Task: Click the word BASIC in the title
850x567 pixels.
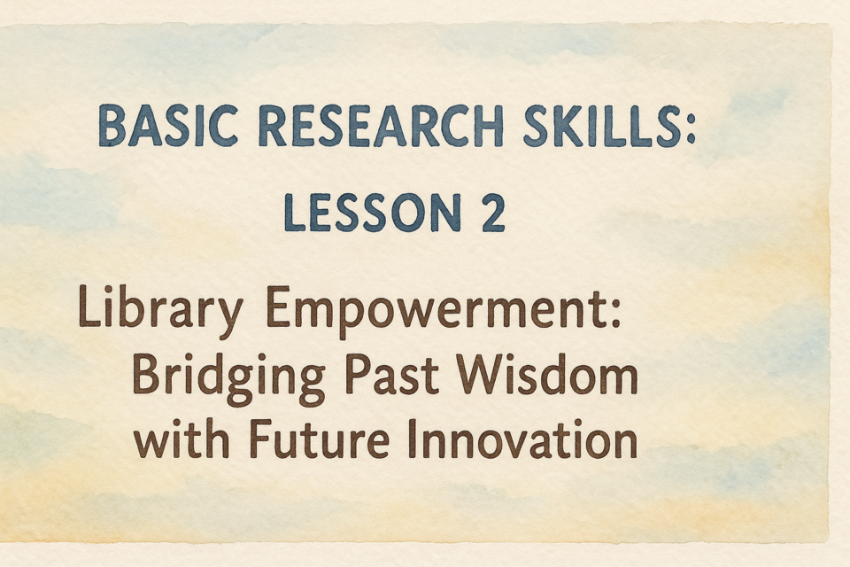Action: (x=168, y=126)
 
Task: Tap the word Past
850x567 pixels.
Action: (x=392, y=375)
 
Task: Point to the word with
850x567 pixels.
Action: (x=182, y=439)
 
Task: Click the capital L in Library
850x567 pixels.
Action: (x=90, y=306)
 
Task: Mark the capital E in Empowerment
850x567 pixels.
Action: (x=277, y=307)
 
